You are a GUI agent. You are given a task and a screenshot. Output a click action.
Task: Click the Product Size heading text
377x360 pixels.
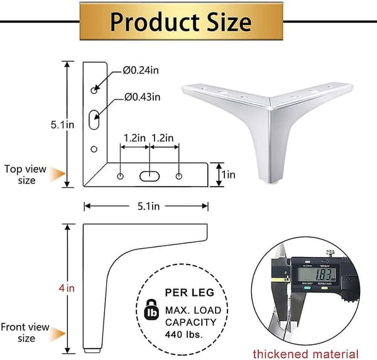[181, 22]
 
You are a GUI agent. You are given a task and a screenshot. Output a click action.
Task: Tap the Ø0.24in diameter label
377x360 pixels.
[141, 70]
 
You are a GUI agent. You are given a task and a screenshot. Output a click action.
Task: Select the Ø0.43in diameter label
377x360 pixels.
[142, 97]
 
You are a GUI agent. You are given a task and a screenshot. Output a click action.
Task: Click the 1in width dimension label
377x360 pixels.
[229, 175]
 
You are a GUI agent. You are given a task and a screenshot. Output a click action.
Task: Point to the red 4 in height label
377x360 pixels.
[67, 288]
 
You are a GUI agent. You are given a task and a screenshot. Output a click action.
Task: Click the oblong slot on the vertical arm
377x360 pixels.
[94, 120]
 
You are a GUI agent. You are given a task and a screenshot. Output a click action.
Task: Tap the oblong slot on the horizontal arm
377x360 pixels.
[150, 177]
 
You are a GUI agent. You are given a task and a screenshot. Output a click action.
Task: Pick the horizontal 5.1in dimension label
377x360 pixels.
[148, 206]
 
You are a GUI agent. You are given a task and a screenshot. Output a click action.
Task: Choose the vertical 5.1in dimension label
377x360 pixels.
[62, 125]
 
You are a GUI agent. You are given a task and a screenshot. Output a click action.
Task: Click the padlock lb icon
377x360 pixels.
[151, 310]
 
